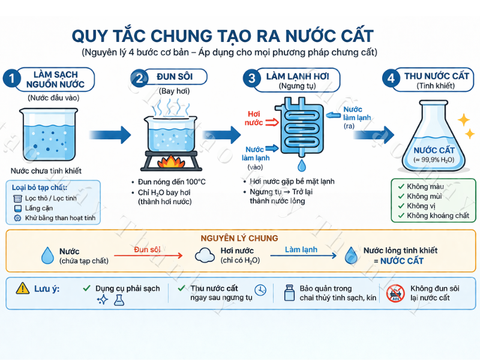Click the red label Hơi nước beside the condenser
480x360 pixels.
(x=254, y=118)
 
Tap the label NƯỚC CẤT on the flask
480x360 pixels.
(x=434, y=150)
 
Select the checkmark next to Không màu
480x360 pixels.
(x=401, y=187)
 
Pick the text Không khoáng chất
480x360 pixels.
(x=438, y=215)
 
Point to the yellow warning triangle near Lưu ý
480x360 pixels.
(x=22, y=289)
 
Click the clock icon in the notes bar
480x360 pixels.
(x=260, y=290)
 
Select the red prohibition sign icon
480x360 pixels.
(x=396, y=293)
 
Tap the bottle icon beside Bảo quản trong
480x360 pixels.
(x=289, y=292)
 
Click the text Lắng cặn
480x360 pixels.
(x=37, y=208)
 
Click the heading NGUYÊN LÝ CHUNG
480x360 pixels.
(x=239, y=238)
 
